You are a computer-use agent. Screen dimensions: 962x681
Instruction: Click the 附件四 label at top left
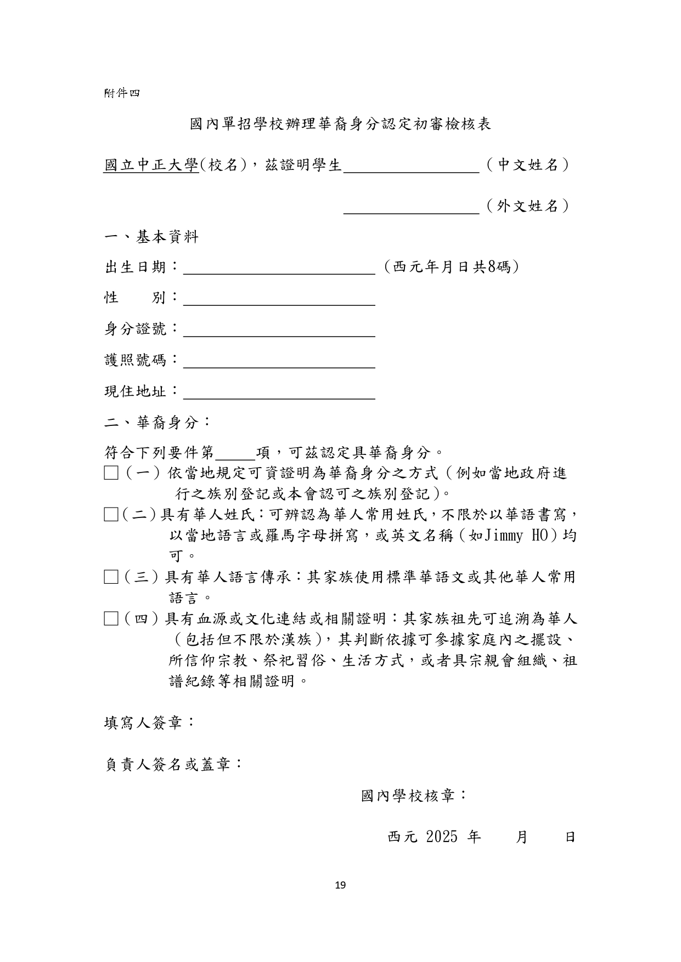pos(122,93)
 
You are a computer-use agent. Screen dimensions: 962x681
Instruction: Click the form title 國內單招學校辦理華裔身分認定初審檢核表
pos(340,124)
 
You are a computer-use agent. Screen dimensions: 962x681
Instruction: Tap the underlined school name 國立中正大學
pos(151,165)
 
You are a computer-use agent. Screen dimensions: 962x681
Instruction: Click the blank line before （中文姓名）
pos(412,167)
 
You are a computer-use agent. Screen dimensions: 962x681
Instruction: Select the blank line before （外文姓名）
pos(412,208)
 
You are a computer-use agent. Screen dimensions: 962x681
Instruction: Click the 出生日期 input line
pos(279,269)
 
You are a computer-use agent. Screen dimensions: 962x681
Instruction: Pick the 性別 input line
pos(279,300)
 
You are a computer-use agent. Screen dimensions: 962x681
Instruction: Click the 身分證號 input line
pos(279,331)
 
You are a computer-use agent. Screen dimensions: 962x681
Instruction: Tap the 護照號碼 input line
pos(279,362)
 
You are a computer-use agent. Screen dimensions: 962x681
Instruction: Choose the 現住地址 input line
pos(279,394)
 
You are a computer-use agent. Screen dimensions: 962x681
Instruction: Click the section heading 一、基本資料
pos(151,237)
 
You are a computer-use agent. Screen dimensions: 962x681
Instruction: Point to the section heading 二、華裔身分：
pos(157,423)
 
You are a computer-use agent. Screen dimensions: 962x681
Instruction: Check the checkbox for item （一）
pos(111,473)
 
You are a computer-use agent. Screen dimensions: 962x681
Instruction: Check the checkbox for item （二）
pos(111,515)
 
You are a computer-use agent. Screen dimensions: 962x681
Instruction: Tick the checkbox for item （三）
pos(111,577)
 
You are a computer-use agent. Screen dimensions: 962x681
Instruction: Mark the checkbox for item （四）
pos(111,619)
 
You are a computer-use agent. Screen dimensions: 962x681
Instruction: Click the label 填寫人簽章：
pos(149,722)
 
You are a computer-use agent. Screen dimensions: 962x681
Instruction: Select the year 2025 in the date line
pos(441,837)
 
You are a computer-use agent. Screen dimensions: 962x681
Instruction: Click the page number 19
pos(340,885)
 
